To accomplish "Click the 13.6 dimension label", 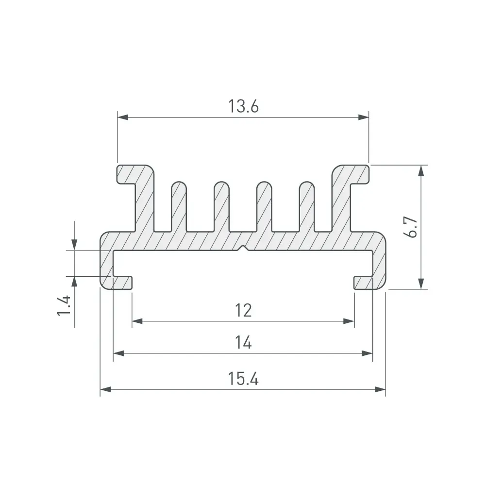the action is (243, 106).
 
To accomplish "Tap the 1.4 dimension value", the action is (64, 305).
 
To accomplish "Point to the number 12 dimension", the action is (243, 310).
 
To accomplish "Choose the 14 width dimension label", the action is (243, 342).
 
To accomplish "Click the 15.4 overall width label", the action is (243, 379).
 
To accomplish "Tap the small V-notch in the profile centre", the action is (243, 248).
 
